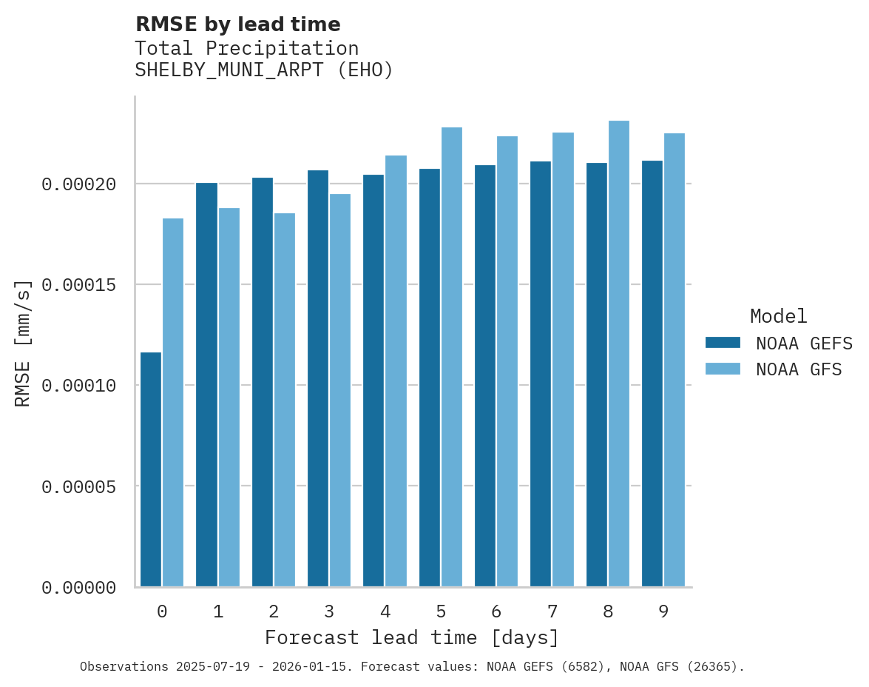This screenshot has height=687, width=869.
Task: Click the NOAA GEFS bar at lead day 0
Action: pyautogui.click(x=151, y=469)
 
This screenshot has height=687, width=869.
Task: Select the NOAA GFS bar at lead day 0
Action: pyautogui.click(x=173, y=403)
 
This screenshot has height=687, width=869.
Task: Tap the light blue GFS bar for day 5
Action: pyautogui.click(x=452, y=357)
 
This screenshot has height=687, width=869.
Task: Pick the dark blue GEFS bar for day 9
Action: pyautogui.click(x=652, y=374)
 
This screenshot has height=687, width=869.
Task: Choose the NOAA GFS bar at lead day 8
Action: pyautogui.click(x=619, y=354)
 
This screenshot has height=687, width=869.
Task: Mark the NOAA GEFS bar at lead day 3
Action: pyautogui.click(x=318, y=378)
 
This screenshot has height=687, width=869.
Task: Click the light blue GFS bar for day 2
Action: pyautogui.click(x=285, y=400)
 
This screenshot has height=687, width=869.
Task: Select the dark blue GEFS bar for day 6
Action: pyautogui.click(x=485, y=376)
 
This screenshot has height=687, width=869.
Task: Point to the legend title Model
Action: pyautogui.click(x=778, y=316)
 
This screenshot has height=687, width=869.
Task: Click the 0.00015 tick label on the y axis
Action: pyautogui.click(x=79, y=285)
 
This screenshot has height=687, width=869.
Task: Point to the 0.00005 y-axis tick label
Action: pyautogui.click(x=79, y=487)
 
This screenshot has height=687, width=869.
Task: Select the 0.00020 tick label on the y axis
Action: pyautogui.click(x=79, y=184)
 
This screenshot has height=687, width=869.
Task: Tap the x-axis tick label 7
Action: pyautogui.click(x=552, y=612)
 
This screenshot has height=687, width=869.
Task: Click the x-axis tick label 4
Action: pyautogui.click(x=385, y=612)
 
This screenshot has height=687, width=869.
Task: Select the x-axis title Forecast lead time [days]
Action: pyautogui.click(x=412, y=637)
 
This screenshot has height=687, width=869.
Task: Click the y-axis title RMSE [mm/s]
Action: pyautogui.click(x=24, y=343)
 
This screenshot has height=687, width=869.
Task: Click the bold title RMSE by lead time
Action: pyautogui.click(x=238, y=24)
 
